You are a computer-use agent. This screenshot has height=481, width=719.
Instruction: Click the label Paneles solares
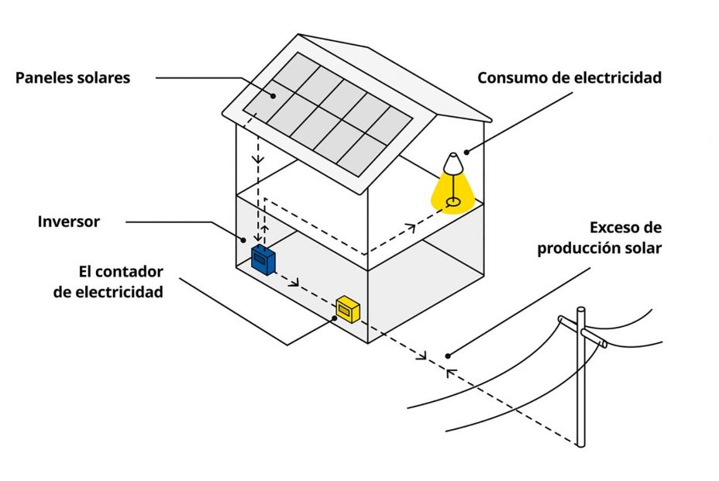point(73,78)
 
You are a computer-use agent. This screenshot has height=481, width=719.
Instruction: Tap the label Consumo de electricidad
point(569,78)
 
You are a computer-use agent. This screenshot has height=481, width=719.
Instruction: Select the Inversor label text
point(69,222)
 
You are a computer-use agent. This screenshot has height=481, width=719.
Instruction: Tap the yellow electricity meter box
point(347,309)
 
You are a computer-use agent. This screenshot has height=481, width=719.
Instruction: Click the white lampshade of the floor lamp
point(452,163)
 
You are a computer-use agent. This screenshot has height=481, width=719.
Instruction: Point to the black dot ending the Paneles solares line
point(273,96)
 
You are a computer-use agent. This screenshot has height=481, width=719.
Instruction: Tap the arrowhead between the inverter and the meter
point(295,283)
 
